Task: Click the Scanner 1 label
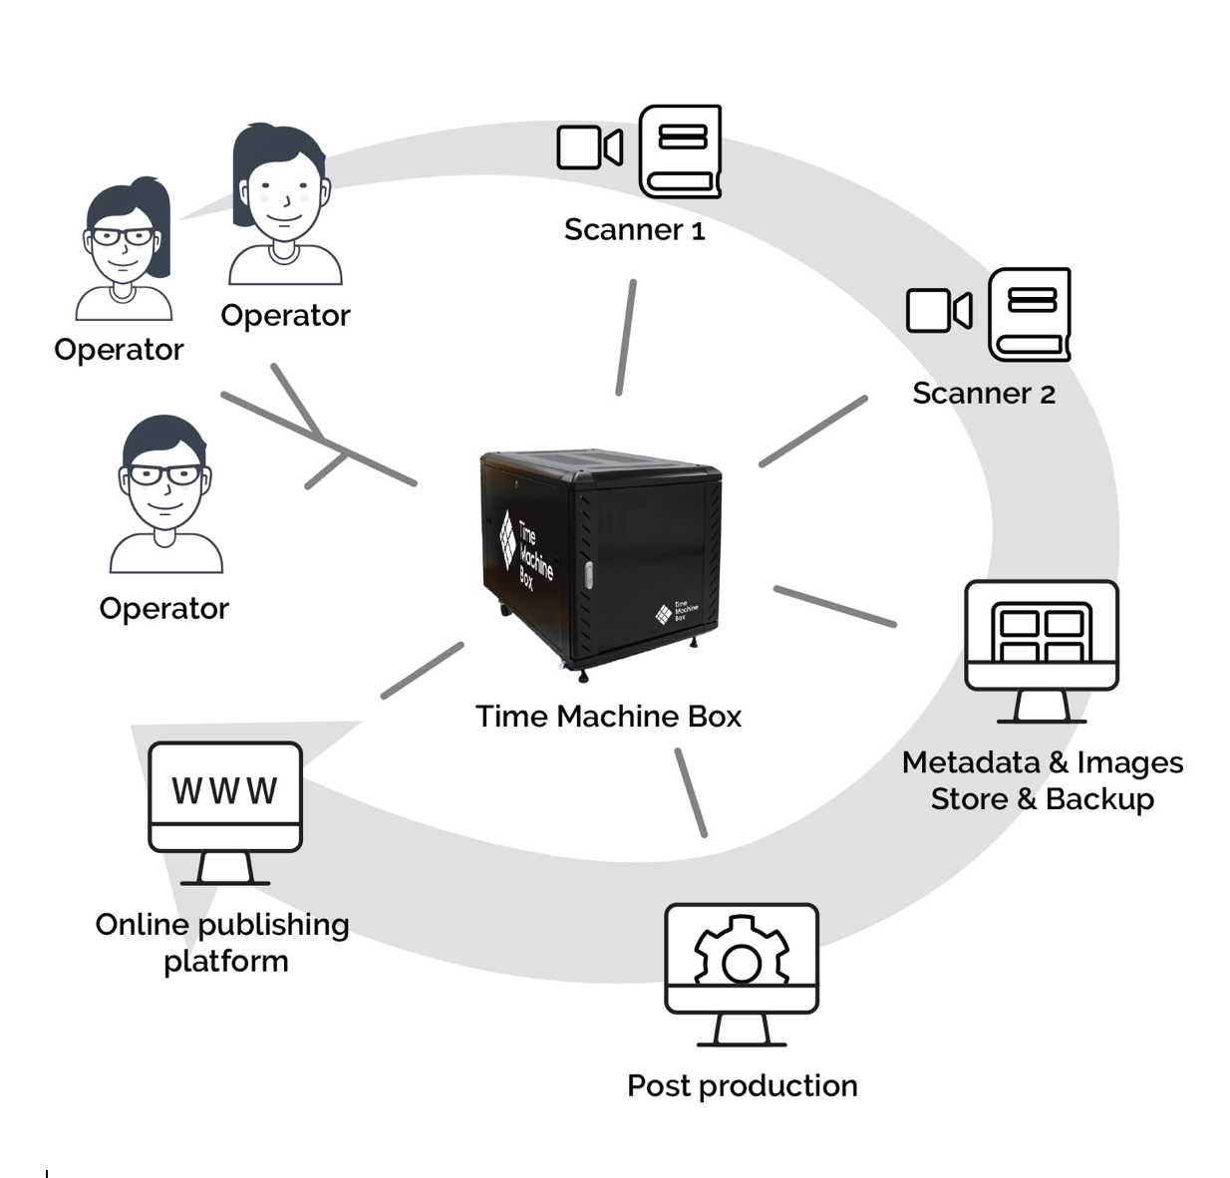[634, 230]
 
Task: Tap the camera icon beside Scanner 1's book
[589, 147]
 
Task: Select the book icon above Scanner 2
[1029, 314]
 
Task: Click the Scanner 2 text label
[983, 394]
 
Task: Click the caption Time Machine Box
[608, 717]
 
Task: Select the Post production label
[742, 1085]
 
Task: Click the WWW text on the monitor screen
[224, 791]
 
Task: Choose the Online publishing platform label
[222, 943]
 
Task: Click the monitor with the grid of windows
[1042, 648]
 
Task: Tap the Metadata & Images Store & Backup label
[1042, 780]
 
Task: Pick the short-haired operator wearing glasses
[165, 493]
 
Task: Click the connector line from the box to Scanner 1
[626, 338]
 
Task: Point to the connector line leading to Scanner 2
[812, 432]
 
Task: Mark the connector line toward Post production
[691, 792]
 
